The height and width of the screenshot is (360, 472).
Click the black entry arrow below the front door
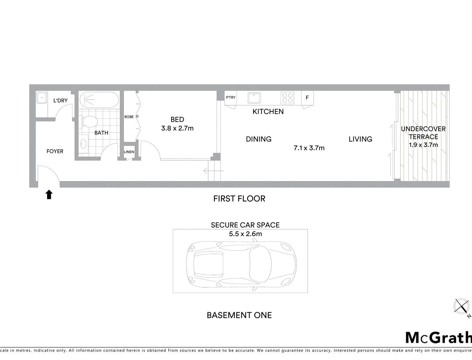tap(49, 194)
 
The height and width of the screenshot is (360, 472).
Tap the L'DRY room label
tap(60, 101)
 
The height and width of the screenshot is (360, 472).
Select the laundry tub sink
tap(41, 98)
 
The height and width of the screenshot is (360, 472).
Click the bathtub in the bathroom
tap(99, 100)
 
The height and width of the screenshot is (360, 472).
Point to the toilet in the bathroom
tap(88, 122)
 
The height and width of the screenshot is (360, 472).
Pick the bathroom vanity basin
tap(83, 144)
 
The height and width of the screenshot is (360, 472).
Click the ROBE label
tap(129, 117)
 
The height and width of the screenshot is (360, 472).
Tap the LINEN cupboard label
tap(129, 152)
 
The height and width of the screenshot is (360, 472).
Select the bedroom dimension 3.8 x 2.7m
tap(177, 128)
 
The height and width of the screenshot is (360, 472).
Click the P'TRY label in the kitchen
tap(231, 97)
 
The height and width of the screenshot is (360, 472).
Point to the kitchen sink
tap(254, 98)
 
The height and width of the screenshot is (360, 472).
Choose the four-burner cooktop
tap(287, 98)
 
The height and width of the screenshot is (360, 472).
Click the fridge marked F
tap(307, 98)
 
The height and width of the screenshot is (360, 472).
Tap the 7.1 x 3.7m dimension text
tap(309, 148)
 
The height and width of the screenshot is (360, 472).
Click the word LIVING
tap(360, 139)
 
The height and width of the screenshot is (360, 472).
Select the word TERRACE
tap(423, 137)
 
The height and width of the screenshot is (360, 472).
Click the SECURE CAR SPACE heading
tap(245, 225)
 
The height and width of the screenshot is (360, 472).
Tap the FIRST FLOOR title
tap(239, 199)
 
